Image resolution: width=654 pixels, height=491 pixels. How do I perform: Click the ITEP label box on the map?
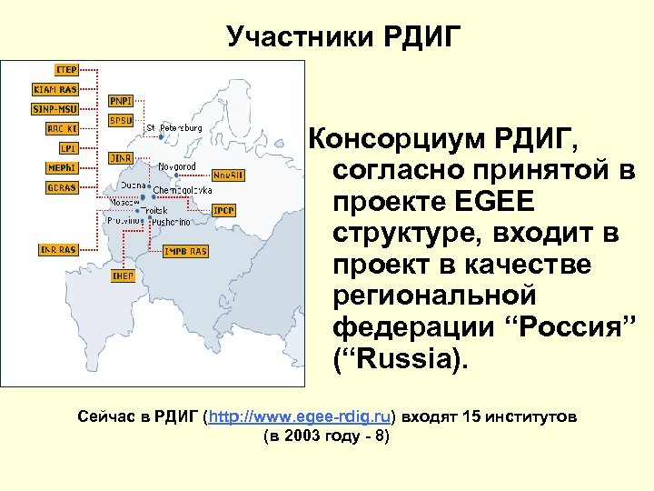(x=65, y=69)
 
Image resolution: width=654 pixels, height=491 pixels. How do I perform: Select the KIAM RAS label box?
(x=54, y=89)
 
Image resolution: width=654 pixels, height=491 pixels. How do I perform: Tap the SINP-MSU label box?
(x=54, y=108)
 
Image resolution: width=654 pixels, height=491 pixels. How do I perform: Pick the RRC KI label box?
(x=62, y=128)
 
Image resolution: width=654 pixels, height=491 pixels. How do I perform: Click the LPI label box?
(x=67, y=147)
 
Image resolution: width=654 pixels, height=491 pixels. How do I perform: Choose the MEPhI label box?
(x=62, y=167)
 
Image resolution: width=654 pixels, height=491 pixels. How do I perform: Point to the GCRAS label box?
(x=61, y=187)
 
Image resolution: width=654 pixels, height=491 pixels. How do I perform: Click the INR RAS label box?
(x=56, y=249)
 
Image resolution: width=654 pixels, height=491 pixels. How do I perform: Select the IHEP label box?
(x=122, y=276)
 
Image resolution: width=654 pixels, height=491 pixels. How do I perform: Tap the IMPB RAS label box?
(x=184, y=250)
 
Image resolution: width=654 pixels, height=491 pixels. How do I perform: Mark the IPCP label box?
(x=223, y=210)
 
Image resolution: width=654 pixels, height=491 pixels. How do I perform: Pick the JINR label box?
(x=122, y=158)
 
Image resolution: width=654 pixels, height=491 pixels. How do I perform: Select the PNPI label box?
(x=120, y=100)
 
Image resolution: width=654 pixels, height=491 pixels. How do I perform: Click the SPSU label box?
(x=120, y=119)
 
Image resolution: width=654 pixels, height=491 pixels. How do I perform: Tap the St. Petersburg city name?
(x=174, y=127)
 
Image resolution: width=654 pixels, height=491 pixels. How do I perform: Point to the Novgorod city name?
(x=177, y=166)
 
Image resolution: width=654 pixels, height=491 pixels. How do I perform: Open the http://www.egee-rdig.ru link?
(x=300, y=416)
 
